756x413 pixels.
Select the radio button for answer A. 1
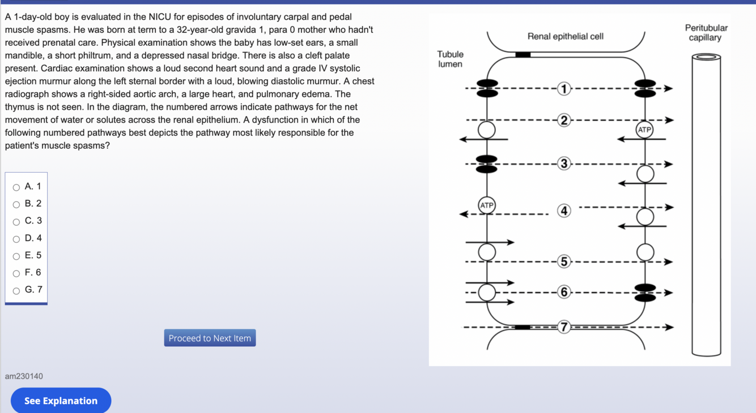tap(16, 187)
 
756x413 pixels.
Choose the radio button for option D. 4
tap(16, 239)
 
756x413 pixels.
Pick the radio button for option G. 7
tap(16, 291)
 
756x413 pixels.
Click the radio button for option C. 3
tap(16, 222)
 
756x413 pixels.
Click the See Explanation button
tap(61, 401)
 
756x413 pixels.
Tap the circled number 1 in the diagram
tap(563, 88)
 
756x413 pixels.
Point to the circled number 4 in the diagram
tap(563, 210)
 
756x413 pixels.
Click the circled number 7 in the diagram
tap(563, 326)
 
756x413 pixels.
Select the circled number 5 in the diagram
tap(563, 261)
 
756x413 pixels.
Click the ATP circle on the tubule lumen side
tap(487, 205)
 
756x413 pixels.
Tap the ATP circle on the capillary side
tap(644, 130)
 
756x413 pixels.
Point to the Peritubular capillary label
tap(706, 33)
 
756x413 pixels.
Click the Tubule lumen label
tap(450, 59)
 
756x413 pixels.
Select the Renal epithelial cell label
tap(565, 36)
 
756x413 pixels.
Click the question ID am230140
tap(24, 376)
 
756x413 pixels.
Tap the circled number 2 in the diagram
tap(563, 120)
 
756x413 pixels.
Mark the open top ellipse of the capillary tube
tap(706, 57)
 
